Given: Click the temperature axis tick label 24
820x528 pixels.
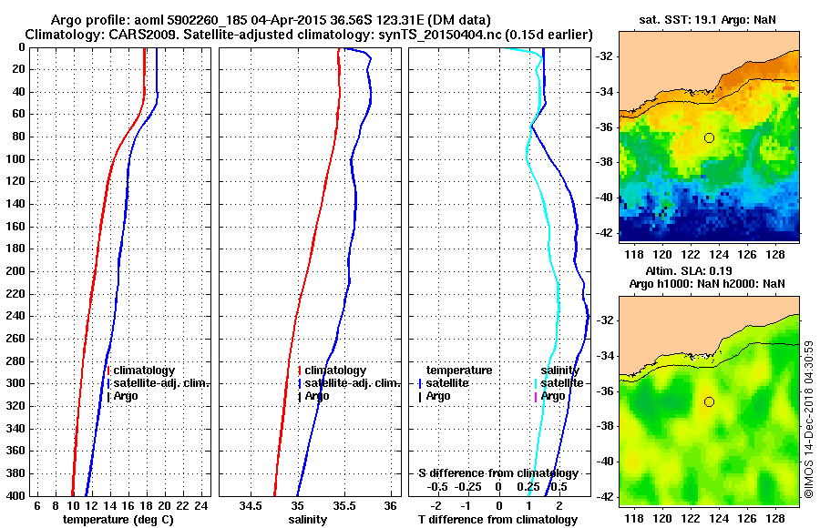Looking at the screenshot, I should (202, 506).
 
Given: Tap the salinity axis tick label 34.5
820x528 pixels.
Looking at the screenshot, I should (250, 506).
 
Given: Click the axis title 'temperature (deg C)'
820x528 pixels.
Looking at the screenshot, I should (118, 519).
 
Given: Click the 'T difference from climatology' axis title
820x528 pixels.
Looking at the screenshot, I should (497, 519).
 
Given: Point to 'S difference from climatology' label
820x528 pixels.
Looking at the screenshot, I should (497, 473).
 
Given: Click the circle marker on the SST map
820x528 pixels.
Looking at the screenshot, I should (709, 137).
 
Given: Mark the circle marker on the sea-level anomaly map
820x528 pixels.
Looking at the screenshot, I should (709, 401).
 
